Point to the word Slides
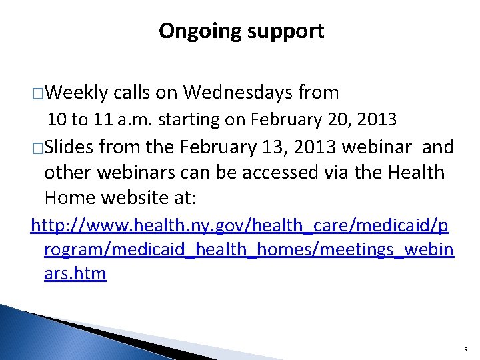[x=70, y=147]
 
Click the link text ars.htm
[x=75, y=273]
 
